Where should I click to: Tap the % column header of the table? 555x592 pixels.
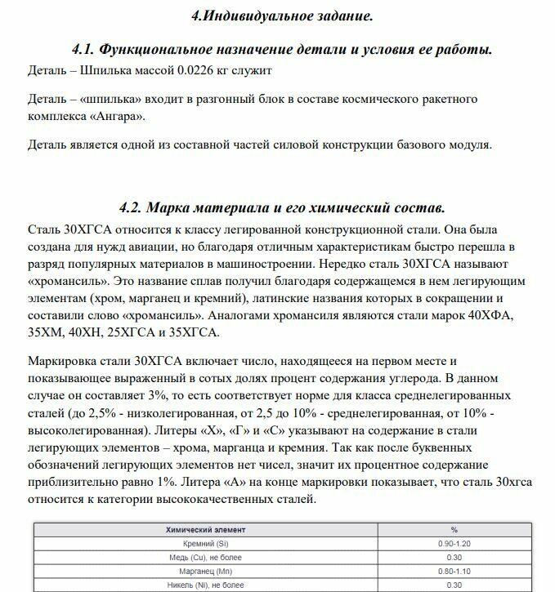[x=454, y=529]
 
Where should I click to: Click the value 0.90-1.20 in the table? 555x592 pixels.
[x=454, y=543]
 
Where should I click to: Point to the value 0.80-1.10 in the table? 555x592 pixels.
[x=454, y=571]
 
